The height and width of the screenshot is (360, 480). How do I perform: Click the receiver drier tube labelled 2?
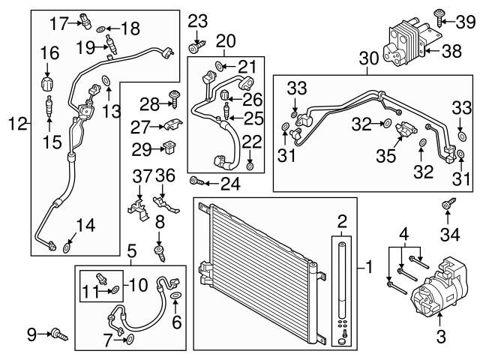tap(342, 292)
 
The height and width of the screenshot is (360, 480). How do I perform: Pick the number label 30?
tap(368, 56)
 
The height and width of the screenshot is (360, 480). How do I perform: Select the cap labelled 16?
tap(49, 81)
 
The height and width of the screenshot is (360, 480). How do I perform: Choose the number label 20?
tap(225, 40)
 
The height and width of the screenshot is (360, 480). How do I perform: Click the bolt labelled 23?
tap(196, 48)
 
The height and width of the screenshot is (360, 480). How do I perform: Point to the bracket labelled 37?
tap(136, 206)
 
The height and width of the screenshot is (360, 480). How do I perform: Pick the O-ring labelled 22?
tap(250, 165)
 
